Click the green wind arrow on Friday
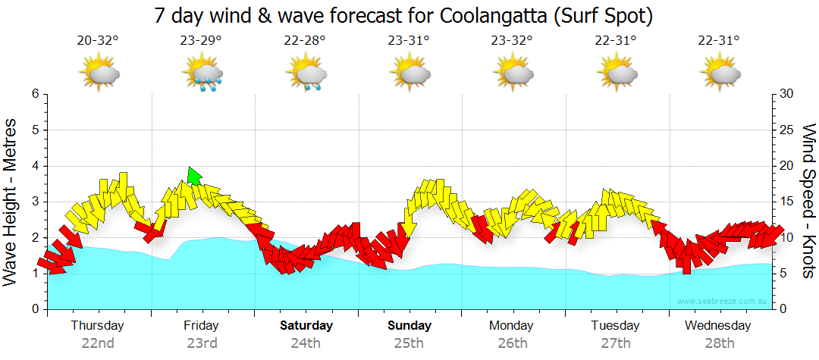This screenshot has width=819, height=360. pyautogui.click(x=194, y=176)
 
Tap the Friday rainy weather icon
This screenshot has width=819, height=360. pyautogui.click(x=202, y=74)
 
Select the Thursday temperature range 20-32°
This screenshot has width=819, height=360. pyautogui.click(x=98, y=41)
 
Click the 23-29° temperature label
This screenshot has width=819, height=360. pyautogui.click(x=202, y=41)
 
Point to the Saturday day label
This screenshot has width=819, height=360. pyautogui.click(x=306, y=326)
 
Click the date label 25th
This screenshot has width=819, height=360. pyautogui.click(x=409, y=343)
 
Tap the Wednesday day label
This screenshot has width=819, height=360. pyautogui.click(x=717, y=326)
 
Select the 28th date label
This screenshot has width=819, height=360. pyautogui.click(x=717, y=343)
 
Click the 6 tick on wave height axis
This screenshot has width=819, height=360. pyautogui.click(x=35, y=94)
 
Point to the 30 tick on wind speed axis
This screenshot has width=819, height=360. pyautogui.click(x=786, y=94)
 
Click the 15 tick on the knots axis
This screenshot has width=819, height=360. pyautogui.click(x=786, y=202)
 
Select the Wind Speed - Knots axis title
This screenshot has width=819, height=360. pyautogui.click(x=808, y=201)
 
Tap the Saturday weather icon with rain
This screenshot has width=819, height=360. pyautogui.click(x=306, y=74)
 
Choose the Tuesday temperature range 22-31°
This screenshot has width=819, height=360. pyautogui.click(x=615, y=41)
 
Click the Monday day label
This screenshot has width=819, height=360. pyautogui.click(x=512, y=326)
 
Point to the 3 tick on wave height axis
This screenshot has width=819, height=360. pyautogui.click(x=35, y=202)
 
